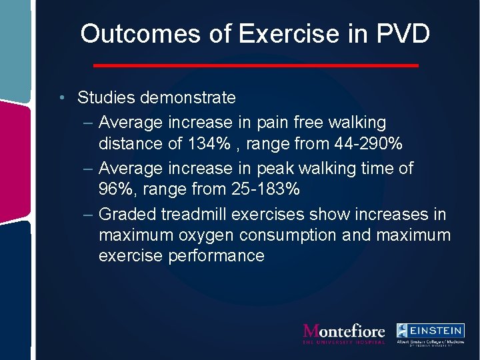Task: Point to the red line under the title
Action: pos(255,65)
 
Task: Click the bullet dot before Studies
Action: pos(61,99)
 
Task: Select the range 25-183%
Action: pos(261,189)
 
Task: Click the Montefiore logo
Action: pos(344,333)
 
